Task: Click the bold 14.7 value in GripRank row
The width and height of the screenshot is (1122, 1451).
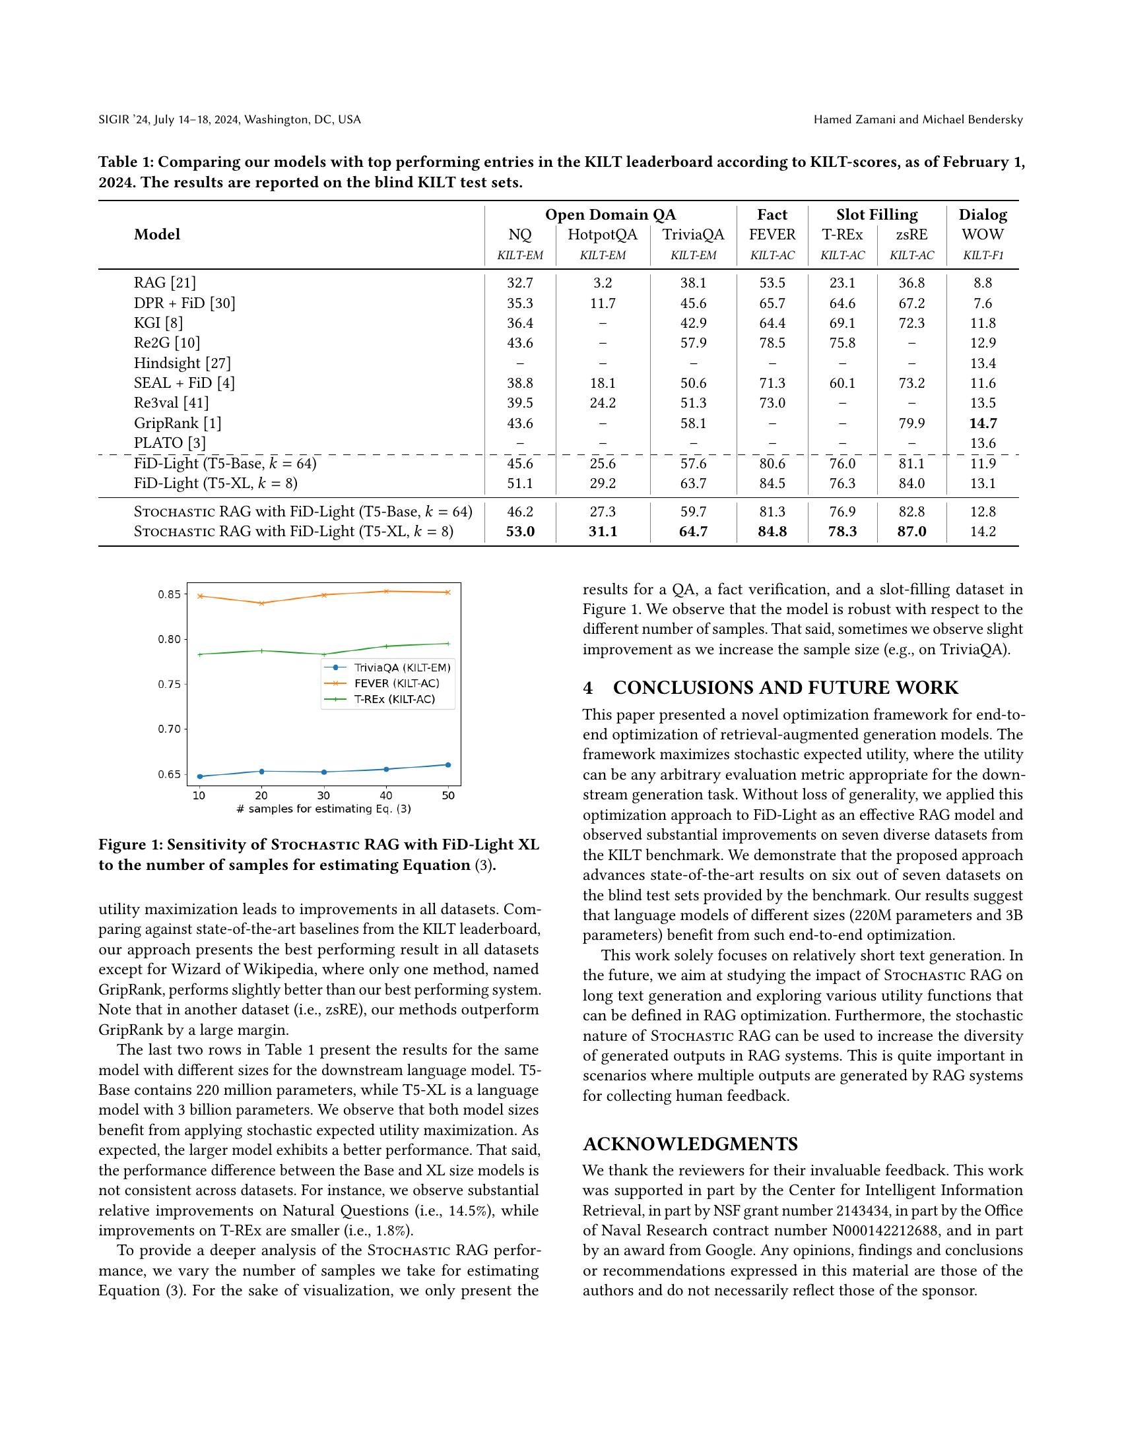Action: pyautogui.click(x=983, y=423)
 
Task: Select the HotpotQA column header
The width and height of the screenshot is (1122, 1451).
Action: pyautogui.click(x=602, y=235)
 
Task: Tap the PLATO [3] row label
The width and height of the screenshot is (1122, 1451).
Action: pyautogui.click(x=170, y=443)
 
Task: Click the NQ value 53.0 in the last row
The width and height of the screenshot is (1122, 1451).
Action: pyautogui.click(x=520, y=532)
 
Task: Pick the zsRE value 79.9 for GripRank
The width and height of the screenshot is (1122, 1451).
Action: pyautogui.click(x=911, y=423)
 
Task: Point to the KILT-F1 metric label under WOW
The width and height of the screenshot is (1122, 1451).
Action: pyautogui.click(x=983, y=255)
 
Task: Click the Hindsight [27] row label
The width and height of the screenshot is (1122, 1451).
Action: pyautogui.click(x=182, y=363)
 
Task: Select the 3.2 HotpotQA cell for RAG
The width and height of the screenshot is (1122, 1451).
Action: pyautogui.click(x=602, y=283)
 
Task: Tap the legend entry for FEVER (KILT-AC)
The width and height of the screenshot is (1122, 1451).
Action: pyautogui.click(x=396, y=683)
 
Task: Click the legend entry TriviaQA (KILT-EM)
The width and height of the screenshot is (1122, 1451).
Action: pyautogui.click(x=401, y=667)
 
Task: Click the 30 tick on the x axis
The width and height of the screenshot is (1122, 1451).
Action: pyautogui.click(x=323, y=795)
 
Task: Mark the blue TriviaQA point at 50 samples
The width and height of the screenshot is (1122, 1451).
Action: pyautogui.click(x=448, y=764)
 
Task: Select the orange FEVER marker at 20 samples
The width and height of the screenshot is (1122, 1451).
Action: pyautogui.click(x=261, y=603)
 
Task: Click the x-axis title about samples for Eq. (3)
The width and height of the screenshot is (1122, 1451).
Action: pyautogui.click(x=323, y=809)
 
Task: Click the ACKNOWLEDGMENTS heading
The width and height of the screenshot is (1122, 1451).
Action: pyautogui.click(x=690, y=1144)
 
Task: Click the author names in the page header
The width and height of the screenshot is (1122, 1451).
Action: pyautogui.click(x=917, y=119)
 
